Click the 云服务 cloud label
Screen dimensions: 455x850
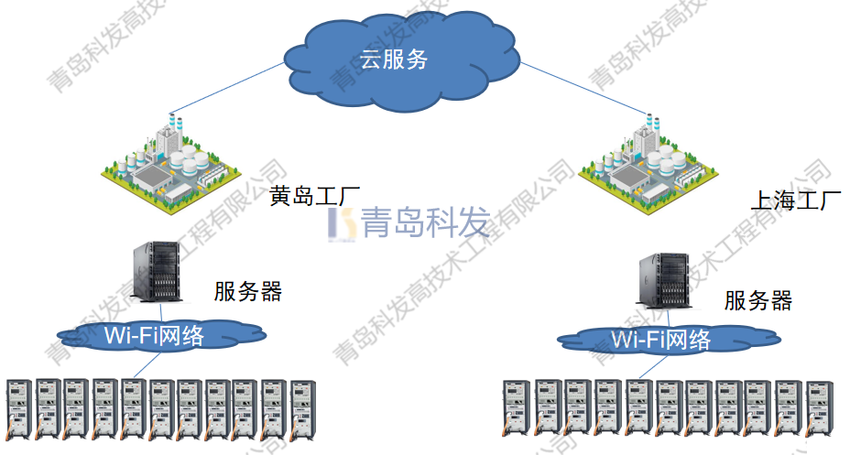(x=394, y=61)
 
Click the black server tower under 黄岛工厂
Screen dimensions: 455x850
(x=158, y=270)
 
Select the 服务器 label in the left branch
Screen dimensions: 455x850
(x=248, y=292)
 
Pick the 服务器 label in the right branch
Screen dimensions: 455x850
(x=757, y=300)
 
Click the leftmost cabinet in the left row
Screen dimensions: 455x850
(x=19, y=407)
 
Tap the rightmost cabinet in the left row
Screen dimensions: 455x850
(x=302, y=407)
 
